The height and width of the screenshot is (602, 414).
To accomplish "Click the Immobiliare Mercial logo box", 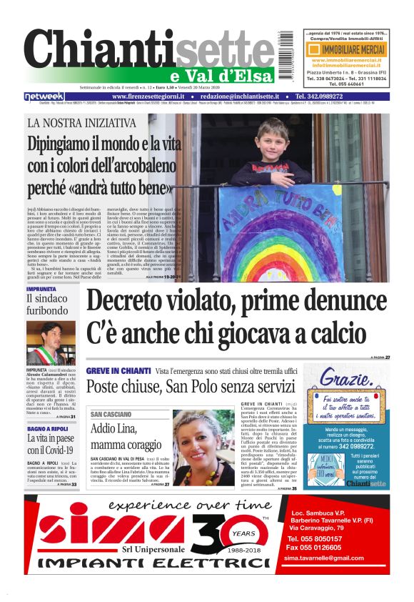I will point(345,50).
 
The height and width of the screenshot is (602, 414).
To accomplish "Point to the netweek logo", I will point(44,97).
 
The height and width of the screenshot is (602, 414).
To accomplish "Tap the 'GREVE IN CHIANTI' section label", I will point(118,371).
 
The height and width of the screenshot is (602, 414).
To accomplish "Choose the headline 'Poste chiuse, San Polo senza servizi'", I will point(188,387).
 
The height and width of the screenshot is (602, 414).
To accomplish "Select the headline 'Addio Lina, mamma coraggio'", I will point(125,438).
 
